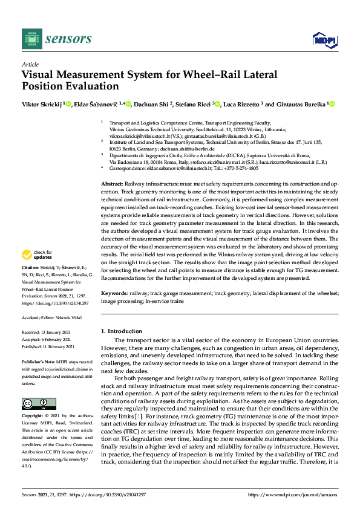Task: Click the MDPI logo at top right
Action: [324, 40]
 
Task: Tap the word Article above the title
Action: [30, 64]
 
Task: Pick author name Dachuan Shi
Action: [151, 105]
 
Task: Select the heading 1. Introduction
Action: [121, 331]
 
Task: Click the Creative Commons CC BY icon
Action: [39, 403]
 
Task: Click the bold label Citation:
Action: [30, 284]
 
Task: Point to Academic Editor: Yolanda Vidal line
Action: [50, 317]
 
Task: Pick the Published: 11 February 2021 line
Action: [48, 347]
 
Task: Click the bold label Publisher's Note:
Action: [38, 361]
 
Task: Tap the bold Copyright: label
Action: [33, 417]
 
